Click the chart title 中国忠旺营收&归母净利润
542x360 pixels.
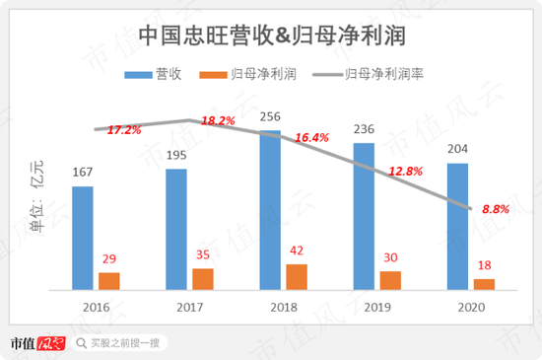pos(274,36)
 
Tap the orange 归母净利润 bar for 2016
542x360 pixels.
pos(108,281)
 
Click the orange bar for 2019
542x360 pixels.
pos(390,280)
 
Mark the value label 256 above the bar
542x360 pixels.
pos(271,115)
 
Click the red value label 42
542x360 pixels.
pos(297,251)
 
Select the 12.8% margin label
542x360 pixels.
pos(405,171)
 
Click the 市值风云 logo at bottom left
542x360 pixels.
pos(36,343)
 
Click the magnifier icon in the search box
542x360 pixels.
pos(80,344)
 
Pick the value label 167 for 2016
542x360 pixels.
pos(84,172)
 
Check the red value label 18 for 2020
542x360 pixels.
pos(484,265)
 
